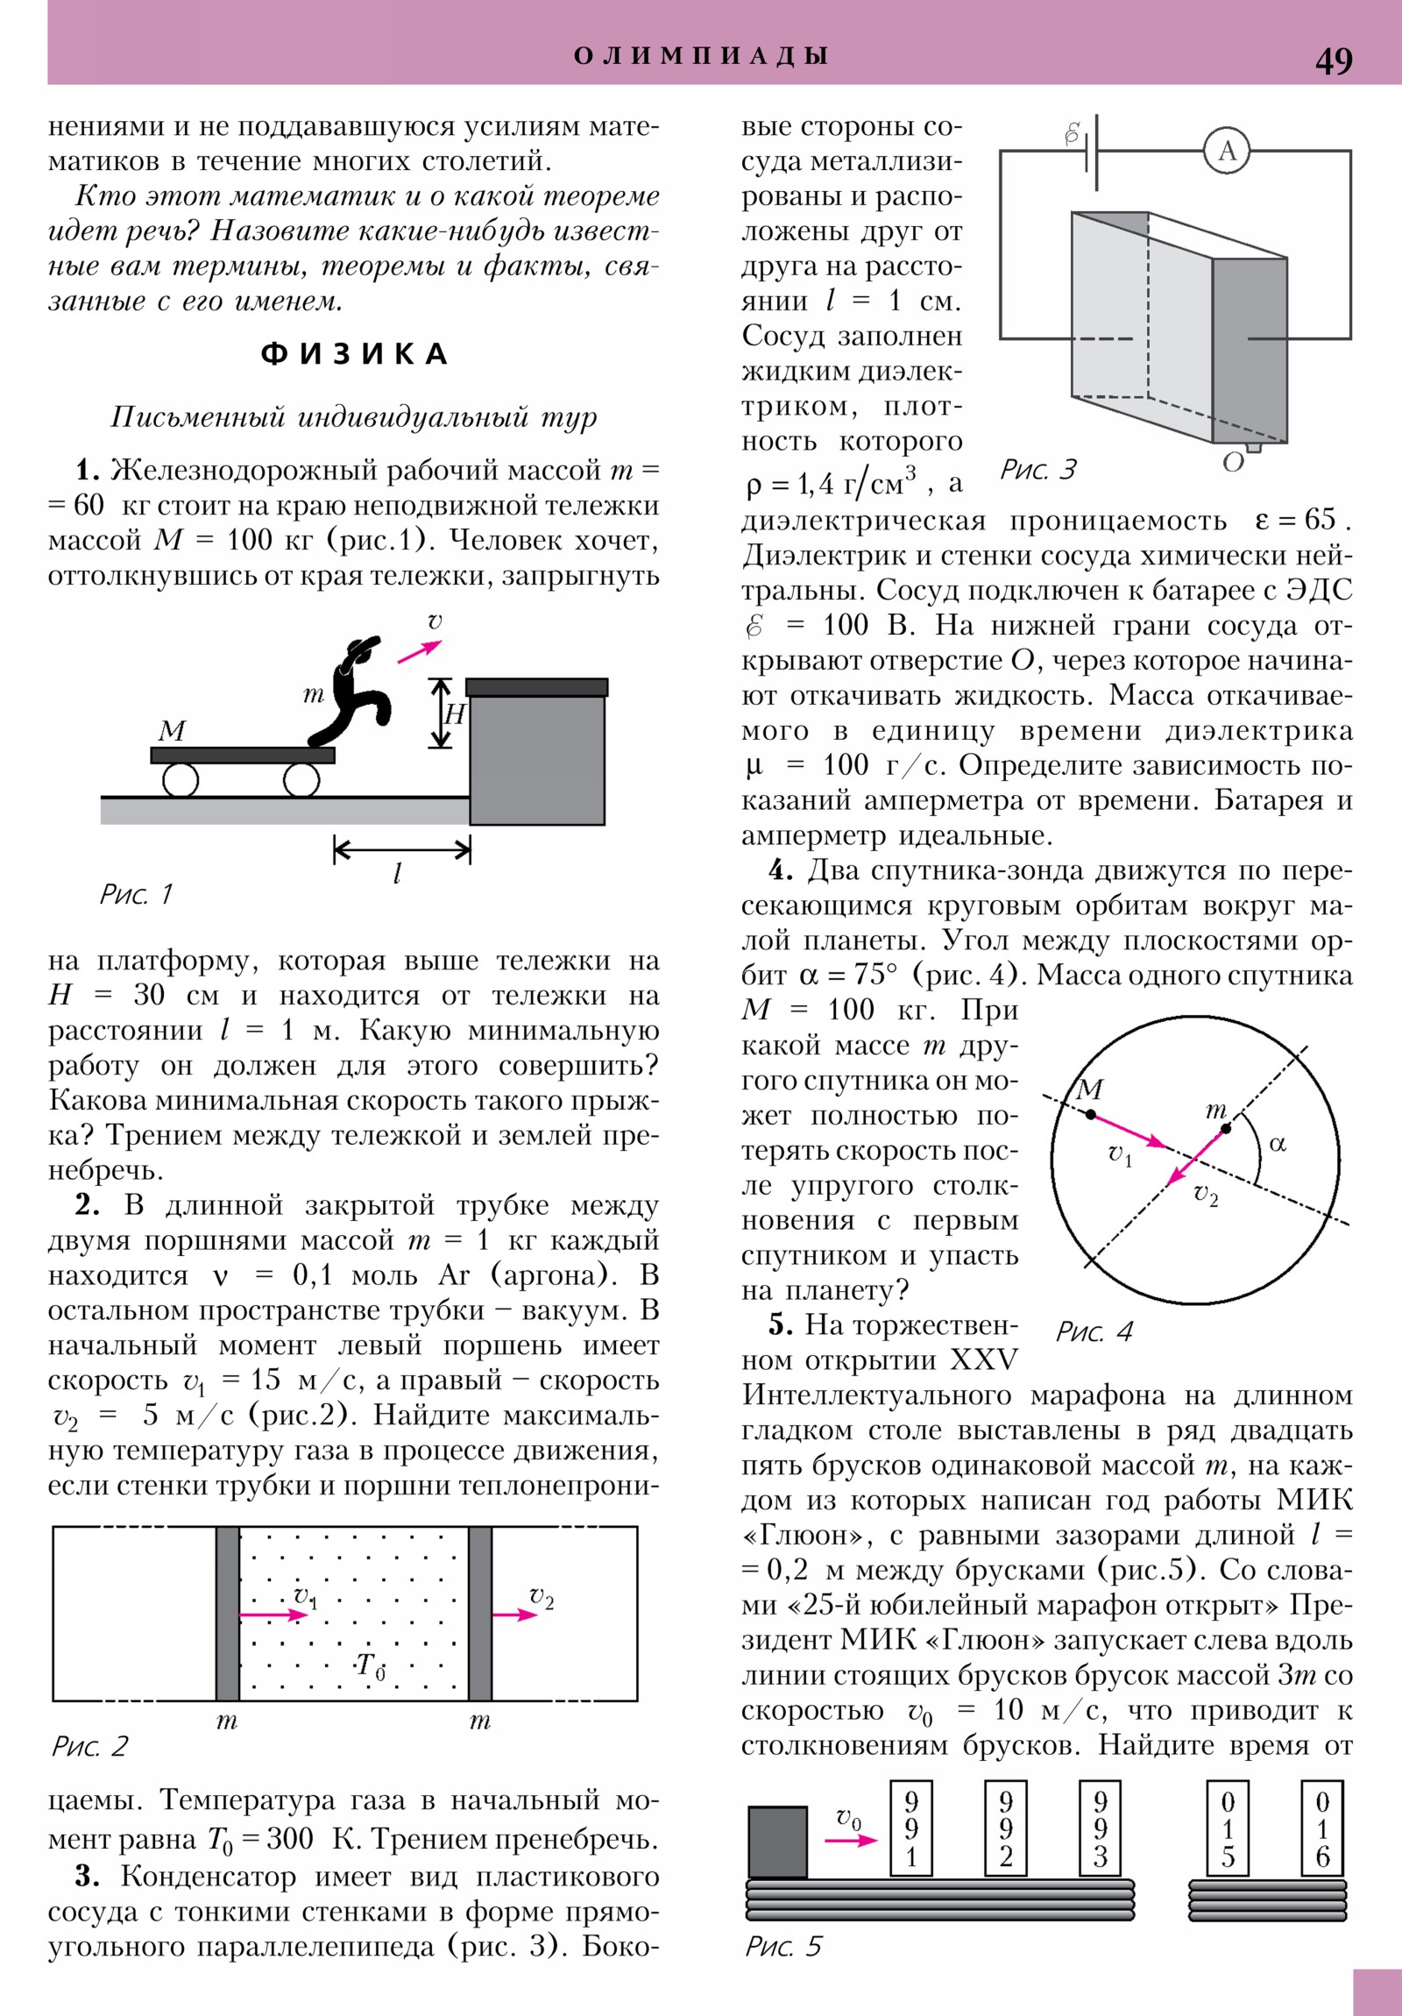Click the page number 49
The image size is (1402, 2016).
(x=1333, y=60)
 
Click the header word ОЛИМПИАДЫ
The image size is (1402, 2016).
(x=700, y=56)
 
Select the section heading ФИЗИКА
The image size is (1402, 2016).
(x=355, y=354)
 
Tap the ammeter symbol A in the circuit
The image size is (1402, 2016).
(x=1227, y=151)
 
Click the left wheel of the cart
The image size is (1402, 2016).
(x=181, y=779)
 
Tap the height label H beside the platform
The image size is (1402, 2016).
(x=454, y=713)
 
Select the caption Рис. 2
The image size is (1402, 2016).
(x=90, y=1746)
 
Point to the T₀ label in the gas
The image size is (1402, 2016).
(x=371, y=1665)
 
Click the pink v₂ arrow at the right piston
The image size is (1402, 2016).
(x=513, y=1615)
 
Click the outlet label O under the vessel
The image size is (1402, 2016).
(x=1233, y=462)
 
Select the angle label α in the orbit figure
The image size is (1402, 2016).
(x=1278, y=1144)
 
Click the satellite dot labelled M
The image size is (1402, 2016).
(x=1090, y=1114)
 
